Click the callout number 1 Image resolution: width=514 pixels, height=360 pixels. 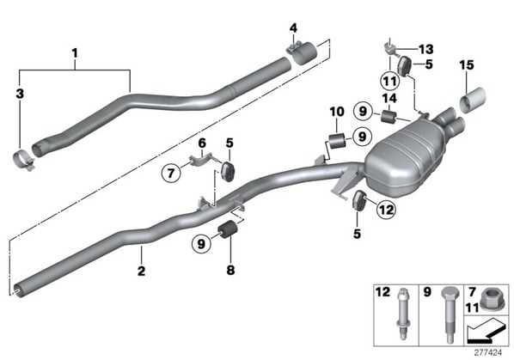(x=75, y=53)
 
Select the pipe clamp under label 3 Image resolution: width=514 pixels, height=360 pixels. (x=23, y=160)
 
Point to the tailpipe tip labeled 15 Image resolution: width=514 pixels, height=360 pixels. (x=473, y=99)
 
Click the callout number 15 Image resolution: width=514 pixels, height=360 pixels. (x=467, y=64)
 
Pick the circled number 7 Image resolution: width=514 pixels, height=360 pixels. (x=171, y=173)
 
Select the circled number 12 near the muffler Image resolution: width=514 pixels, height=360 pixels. (x=386, y=209)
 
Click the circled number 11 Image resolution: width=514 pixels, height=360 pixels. (x=389, y=81)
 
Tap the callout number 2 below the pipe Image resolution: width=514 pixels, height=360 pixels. (x=141, y=271)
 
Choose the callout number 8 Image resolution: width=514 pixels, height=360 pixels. (x=230, y=271)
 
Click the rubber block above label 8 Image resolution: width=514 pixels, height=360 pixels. (x=228, y=230)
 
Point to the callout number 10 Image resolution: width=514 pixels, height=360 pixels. (x=337, y=112)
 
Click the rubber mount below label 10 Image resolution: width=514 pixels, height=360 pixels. (x=337, y=141)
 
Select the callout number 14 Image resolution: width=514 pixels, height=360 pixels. (x=389, y=98)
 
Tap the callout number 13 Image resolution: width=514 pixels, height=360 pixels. (x=426, y=50)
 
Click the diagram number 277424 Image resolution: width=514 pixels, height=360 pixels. (x=488, y=353)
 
